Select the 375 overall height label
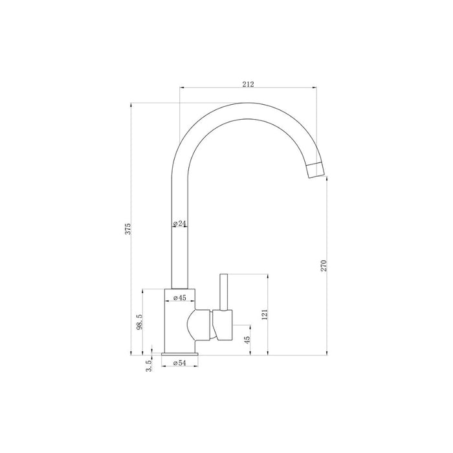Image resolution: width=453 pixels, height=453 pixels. (128, 228)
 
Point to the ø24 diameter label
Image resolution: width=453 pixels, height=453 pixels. (180, 224)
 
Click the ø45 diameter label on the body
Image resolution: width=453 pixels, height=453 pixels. (180, 298)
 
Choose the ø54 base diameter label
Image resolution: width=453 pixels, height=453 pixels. (179, 364)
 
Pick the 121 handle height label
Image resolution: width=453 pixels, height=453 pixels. (265, 315)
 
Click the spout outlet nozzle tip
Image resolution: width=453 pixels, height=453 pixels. (316, 170)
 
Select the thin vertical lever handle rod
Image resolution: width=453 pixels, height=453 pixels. (224, 291)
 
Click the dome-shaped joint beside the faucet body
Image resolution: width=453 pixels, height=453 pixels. (199, 325)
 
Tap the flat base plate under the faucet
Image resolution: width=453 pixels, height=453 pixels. (179, 355)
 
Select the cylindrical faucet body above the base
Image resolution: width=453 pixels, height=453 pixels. (179, 320)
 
